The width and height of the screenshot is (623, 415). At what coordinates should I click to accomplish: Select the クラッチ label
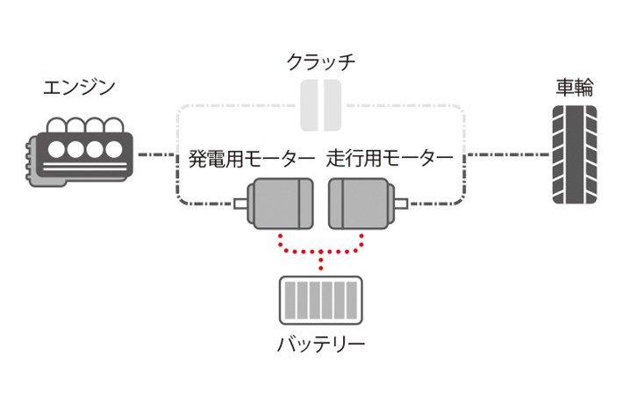[x=321, y=62]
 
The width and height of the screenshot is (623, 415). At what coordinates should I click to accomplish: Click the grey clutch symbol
[x=320, y=105]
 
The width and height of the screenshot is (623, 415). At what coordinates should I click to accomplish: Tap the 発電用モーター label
[x=250, y=160]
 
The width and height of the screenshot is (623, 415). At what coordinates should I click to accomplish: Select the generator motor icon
[x=280, y=204]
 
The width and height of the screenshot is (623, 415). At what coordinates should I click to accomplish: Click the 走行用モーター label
[x=390, y=160]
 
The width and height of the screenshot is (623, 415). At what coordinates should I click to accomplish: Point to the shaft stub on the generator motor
[x=240, y=204]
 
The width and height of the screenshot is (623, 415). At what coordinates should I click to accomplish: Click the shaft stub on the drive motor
[x=400, y=204]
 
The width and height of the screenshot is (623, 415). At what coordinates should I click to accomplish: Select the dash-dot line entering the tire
[x=509, y=155]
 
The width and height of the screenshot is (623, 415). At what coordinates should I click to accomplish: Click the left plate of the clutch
[x=309, y=105]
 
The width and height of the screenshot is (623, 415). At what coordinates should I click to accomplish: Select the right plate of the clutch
[x=333, y=105]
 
